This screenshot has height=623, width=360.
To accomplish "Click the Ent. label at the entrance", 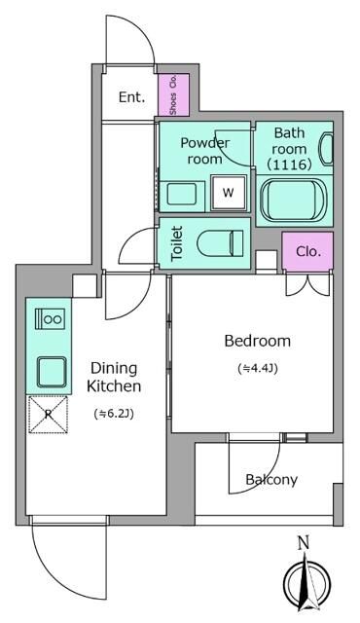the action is [131, 97].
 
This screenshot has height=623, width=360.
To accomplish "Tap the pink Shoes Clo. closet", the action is [173, 94].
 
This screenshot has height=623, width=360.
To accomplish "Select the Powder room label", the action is [204, 151].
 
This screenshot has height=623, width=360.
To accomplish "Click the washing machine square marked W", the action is [229, 193].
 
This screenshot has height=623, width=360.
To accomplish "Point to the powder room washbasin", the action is [181, 195].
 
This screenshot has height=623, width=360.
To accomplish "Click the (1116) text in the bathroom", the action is [289, 165].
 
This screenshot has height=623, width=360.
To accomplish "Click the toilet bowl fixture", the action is [220, 243].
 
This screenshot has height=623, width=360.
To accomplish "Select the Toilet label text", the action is [177, 243].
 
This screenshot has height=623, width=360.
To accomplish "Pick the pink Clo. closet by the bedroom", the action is [307, 251].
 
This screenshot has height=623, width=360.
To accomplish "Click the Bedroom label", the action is [257, 341].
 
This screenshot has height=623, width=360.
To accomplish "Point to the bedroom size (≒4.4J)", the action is [258, 368].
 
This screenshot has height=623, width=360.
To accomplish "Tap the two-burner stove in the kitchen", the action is [50, 318].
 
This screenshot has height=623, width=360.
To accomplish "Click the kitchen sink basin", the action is [52, 372].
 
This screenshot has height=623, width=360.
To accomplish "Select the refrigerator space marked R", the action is [49, 415].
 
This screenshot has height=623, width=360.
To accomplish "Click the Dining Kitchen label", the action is [114, 377].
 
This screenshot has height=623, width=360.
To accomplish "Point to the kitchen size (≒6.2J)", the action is [114, 414].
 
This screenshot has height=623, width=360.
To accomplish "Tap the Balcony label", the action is [271, 480].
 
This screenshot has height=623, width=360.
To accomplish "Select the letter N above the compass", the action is [304, 543].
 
